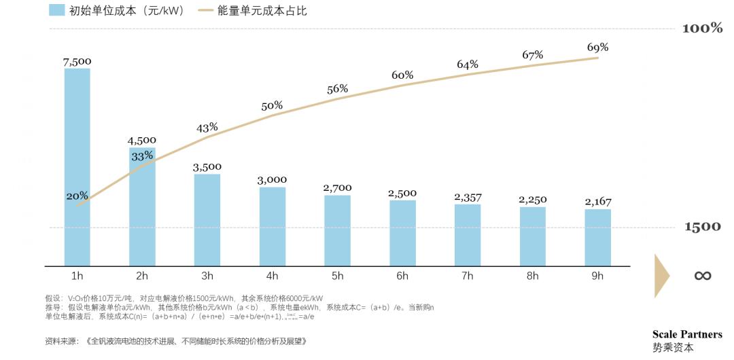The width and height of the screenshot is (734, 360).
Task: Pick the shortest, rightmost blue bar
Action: [598, 237]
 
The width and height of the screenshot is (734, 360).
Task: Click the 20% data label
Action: [77, 196]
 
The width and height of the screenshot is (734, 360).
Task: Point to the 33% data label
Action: [142, 156]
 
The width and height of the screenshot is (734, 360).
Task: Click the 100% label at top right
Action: [702, 29]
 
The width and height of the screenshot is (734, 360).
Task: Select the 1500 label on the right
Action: [702, 227]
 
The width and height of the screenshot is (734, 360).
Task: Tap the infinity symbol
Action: [702, 275]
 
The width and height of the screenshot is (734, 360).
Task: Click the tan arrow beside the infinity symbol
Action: [661, 275]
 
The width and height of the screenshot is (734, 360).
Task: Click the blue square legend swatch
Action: [57, 10]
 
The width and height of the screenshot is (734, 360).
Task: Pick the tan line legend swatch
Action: [205, 10]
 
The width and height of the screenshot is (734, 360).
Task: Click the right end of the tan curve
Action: [598, 58]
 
